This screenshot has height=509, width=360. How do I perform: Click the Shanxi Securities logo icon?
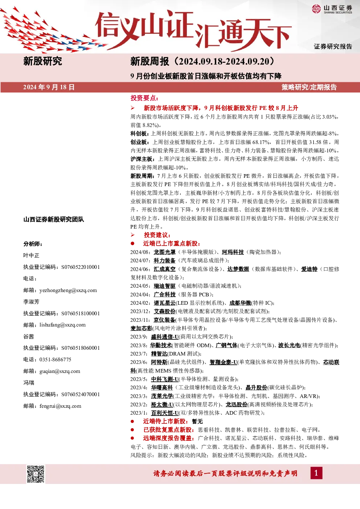(x=316, y=9)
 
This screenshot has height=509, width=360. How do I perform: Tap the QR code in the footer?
(x=36, y=474)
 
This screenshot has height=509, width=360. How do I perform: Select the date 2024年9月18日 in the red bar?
(x=49, y=87)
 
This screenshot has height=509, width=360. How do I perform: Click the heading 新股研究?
(x=43, y=61)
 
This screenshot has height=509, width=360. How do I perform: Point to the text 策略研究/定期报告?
(x=309, y=87)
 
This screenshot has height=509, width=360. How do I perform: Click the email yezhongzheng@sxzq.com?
(x=68, y=290)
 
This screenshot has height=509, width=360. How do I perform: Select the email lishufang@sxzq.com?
(x=62, y=325)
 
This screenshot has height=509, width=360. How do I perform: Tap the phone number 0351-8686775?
(x=55, y=359)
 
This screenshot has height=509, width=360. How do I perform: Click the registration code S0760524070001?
(x=81, y=394)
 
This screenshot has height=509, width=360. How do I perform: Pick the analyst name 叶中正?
(x=31, y=255)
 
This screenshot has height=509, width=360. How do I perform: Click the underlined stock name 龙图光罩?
(x=164, y=252)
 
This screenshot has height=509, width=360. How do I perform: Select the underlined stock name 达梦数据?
(x=238, y=269)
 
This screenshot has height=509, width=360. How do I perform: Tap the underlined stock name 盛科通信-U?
(x=165, y=337)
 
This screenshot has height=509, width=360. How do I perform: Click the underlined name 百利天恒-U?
(x=165, y=413)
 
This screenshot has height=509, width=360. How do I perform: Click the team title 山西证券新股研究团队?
(x=54, y=219)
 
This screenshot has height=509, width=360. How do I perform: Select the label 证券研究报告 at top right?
(x=333, y=46)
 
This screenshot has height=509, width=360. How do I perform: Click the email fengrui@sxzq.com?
(x=60, y=406)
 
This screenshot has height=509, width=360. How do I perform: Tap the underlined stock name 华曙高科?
(x=162, y=387)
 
